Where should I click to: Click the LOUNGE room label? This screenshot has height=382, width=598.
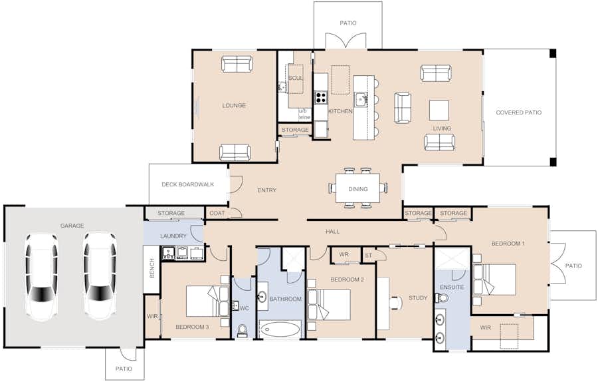click(x=234, y=105)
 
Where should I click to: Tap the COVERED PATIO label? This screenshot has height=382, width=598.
click(x=519, y=112)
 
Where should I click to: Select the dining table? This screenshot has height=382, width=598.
click(x=357, y=188)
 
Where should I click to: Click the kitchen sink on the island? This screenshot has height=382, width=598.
click(x=361, y=100)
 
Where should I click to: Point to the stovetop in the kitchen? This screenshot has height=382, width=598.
click(x=321, y=97)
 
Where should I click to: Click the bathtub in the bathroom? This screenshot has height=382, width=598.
click(x=280, y=329)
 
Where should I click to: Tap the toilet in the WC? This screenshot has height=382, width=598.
click(x=242, y=331)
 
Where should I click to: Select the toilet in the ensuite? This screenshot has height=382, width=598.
click(x=443, y=297)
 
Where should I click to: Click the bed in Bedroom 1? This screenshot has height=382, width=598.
click(x=494, y=280)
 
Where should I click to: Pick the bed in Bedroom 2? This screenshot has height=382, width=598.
click(x=329, y=304)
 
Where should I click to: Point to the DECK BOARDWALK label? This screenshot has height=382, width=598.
click(x=187, y=184)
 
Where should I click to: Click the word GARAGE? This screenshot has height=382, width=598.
click(x=72, y=226)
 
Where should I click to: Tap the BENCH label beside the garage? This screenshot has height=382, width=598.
click(x=152, y=268)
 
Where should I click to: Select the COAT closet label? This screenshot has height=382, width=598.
click(x=217, y=213)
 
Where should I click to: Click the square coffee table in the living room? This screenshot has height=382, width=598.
click(x=439, y=110)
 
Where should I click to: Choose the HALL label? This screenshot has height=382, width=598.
click(x=333, y=232)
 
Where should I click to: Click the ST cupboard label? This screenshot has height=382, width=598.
click(x=368, y=256)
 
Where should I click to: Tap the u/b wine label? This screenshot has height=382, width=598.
click(x=304, y=114)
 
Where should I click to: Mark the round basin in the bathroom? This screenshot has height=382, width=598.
click(x=262, y=296)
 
